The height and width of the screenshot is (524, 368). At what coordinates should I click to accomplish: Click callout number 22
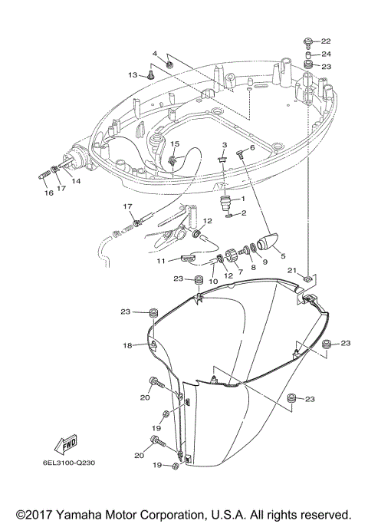coord(326,41)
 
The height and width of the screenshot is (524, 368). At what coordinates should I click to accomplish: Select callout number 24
coord(326,54)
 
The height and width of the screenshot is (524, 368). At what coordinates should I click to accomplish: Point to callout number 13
coord(133,74)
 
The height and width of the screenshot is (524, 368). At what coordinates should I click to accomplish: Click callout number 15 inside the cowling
coord(175,144)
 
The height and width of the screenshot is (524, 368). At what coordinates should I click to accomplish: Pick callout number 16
coord(48,193)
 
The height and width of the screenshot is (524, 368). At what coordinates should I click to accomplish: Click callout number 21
coord(292,271)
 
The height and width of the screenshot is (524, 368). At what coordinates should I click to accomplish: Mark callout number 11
coord(162,261)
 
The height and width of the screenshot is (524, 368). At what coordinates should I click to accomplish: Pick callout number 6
coord(251,147)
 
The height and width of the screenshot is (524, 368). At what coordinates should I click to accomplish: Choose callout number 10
coord(213,282)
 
